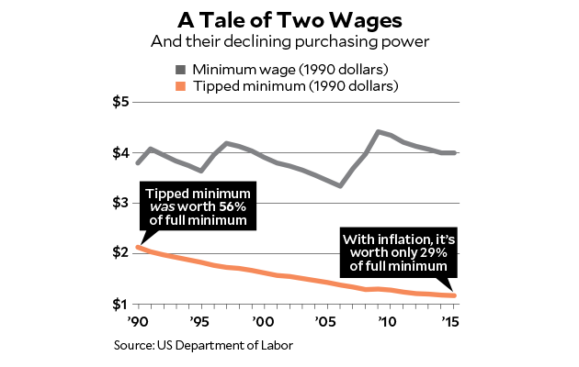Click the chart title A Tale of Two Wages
(x=289, y=19)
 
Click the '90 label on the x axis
(x=138, y=322)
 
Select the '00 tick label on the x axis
(x=264, y=322)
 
